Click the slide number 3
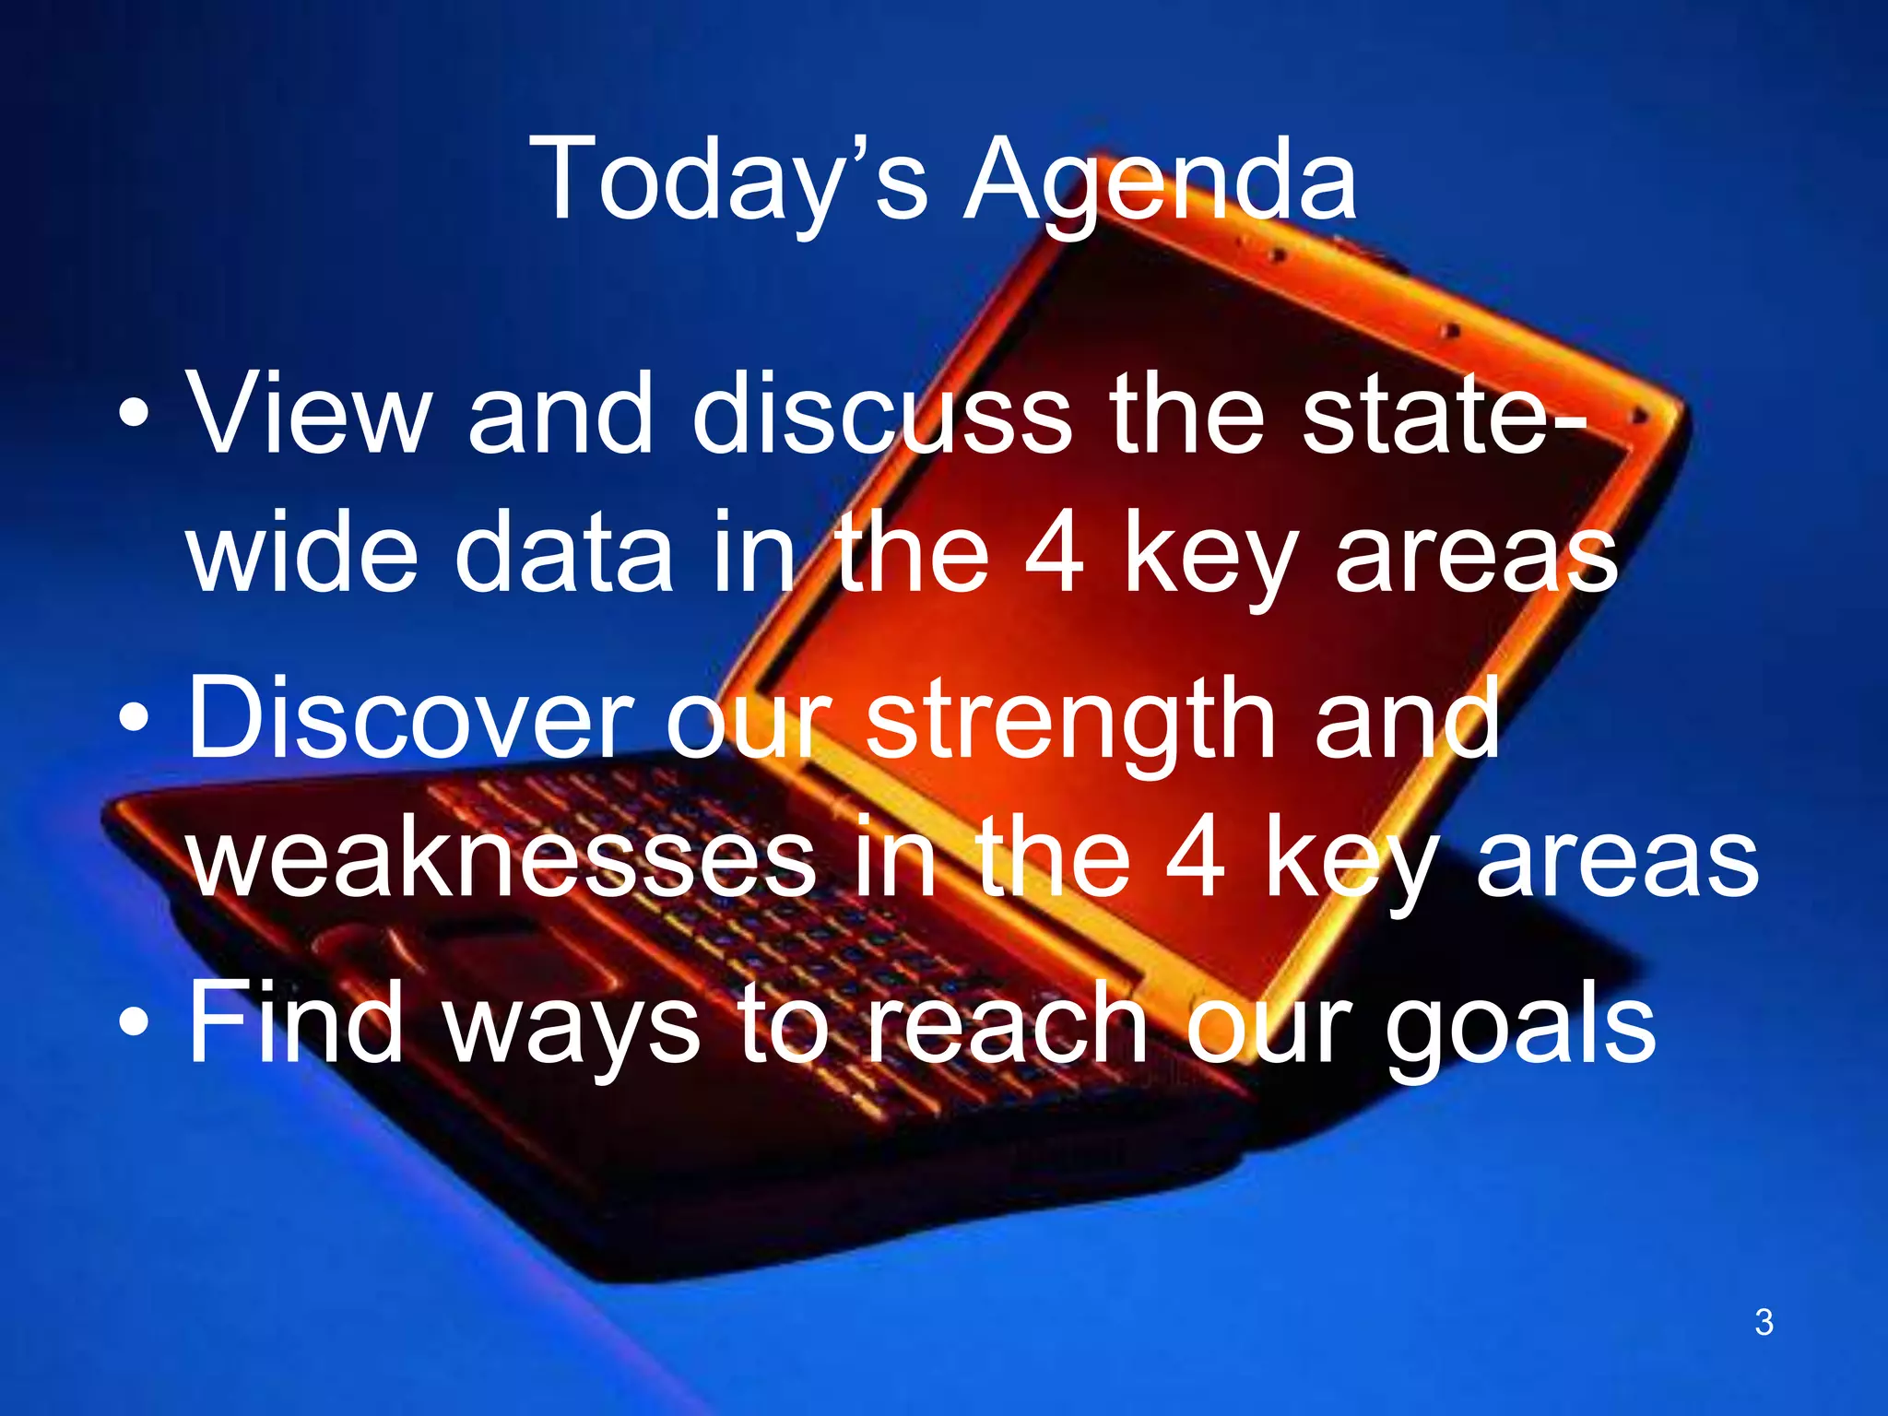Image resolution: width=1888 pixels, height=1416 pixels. tap(1764, 1322)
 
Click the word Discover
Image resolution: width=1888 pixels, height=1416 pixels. tap(410, 719)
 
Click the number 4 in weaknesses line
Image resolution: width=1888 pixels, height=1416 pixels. tap(1196, 857)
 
